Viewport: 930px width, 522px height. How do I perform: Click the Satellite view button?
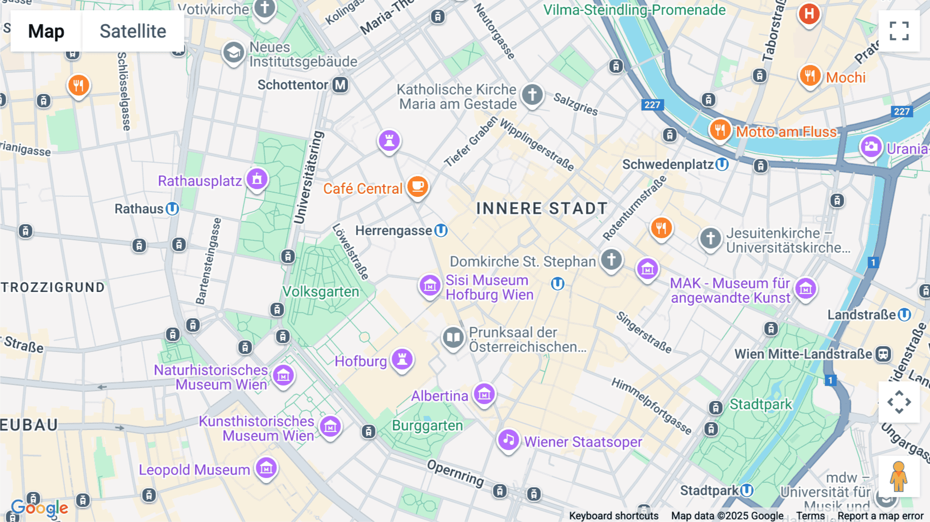(133, 31)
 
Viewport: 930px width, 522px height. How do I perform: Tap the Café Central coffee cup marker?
(417, 187)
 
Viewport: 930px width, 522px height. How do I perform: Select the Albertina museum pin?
(484, 395)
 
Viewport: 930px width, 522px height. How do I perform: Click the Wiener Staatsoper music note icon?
(508, 440)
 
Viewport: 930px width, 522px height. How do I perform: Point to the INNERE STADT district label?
(541, 208)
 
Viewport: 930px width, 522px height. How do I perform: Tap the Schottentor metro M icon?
(340, 85)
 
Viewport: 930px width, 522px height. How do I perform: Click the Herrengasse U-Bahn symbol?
(441, 231)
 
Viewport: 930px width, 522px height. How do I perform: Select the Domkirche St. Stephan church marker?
(611, 259)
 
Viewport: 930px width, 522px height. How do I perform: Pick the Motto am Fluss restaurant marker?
(720, 130)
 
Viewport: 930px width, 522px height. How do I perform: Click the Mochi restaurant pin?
(810, 76)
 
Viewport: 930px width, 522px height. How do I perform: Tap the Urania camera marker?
(871, 147)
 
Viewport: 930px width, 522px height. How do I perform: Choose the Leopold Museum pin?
(267, 468)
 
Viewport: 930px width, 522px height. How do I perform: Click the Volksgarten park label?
(321, 292)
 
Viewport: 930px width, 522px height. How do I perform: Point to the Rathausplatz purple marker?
(257, 179)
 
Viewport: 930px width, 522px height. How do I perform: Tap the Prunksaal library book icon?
(453, 338)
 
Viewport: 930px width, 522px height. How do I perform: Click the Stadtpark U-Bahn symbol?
(747, 490)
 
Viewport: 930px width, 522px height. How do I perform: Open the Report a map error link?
(880, 516)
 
